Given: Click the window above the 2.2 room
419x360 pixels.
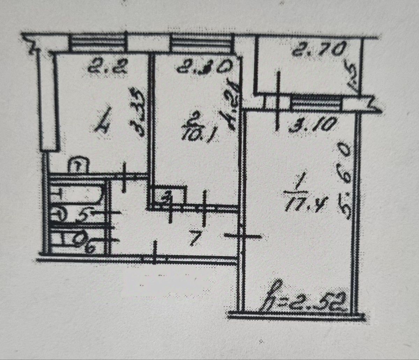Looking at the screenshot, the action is [96, 44].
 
